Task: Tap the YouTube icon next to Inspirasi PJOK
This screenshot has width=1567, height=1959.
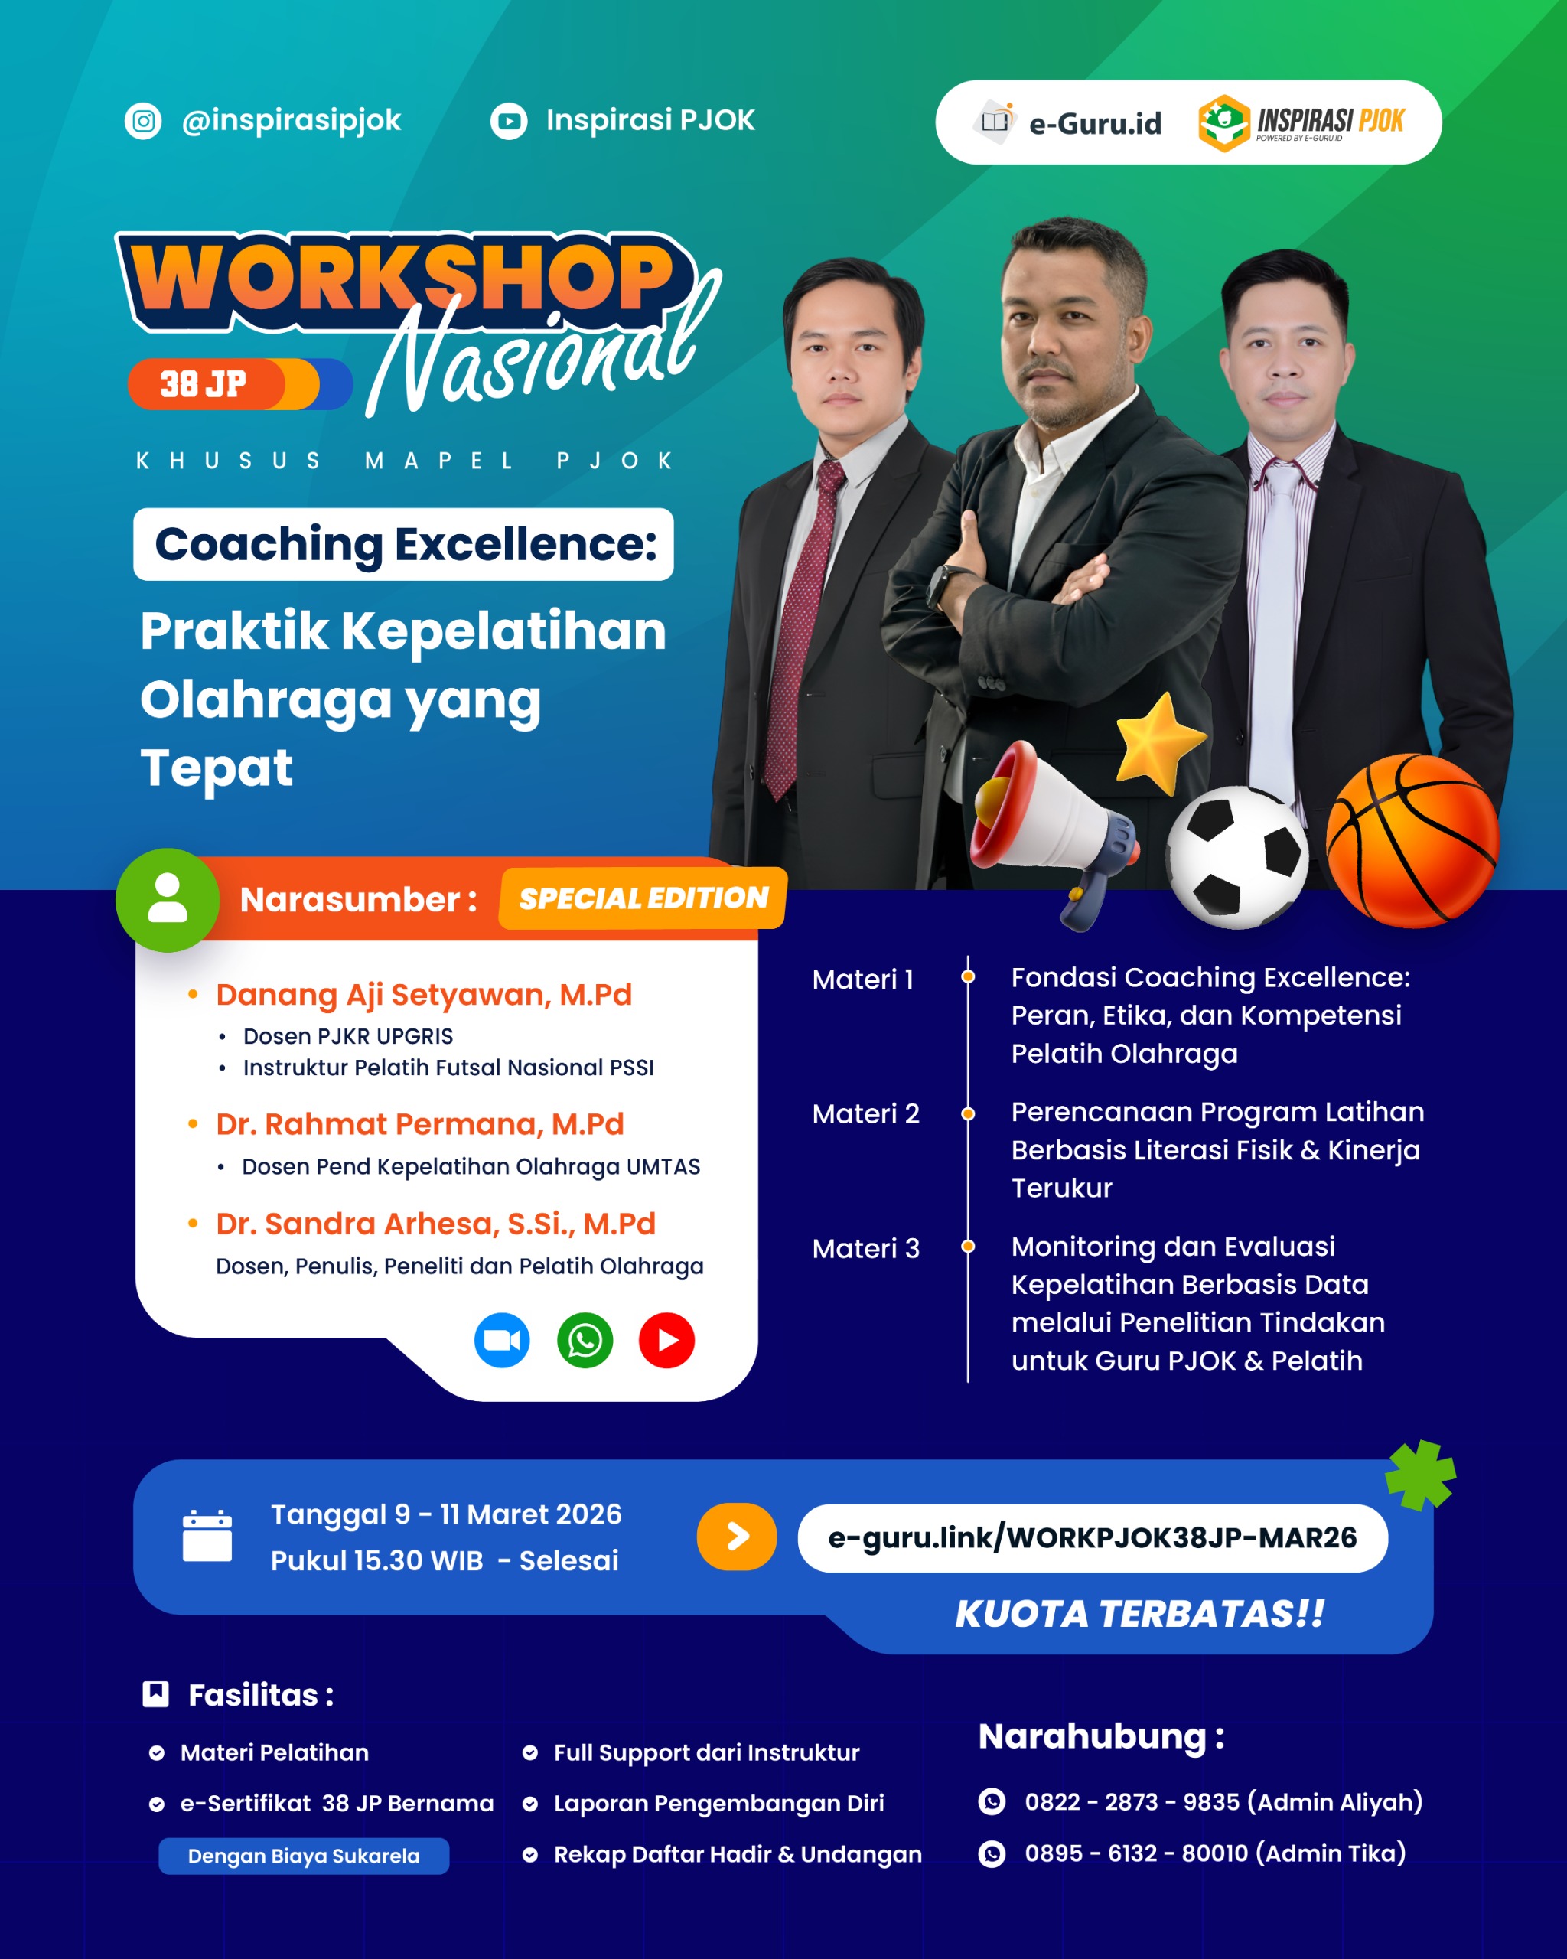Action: pos(509,121)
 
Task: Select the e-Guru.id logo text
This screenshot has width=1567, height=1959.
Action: pos(1095,123)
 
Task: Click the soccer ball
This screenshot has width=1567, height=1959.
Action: pos(1237,858)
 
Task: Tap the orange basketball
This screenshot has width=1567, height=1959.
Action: pos(1412,840)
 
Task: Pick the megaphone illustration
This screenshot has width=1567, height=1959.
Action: pos(1054,831)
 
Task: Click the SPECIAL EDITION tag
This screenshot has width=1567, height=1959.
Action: pos(643,898)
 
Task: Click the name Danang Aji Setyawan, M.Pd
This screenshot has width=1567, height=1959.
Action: pos(423,995)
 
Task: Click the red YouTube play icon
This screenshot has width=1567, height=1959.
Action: pos(666,1340)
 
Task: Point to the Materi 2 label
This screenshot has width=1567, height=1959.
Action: pos(865,1114)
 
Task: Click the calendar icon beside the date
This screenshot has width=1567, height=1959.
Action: pos(207,1536)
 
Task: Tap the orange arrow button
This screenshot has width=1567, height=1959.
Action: pos(737,1537)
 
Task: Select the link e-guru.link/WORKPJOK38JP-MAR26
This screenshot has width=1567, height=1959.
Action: pos(1092,1537)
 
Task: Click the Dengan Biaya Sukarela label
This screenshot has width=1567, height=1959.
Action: pos(305,1856)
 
